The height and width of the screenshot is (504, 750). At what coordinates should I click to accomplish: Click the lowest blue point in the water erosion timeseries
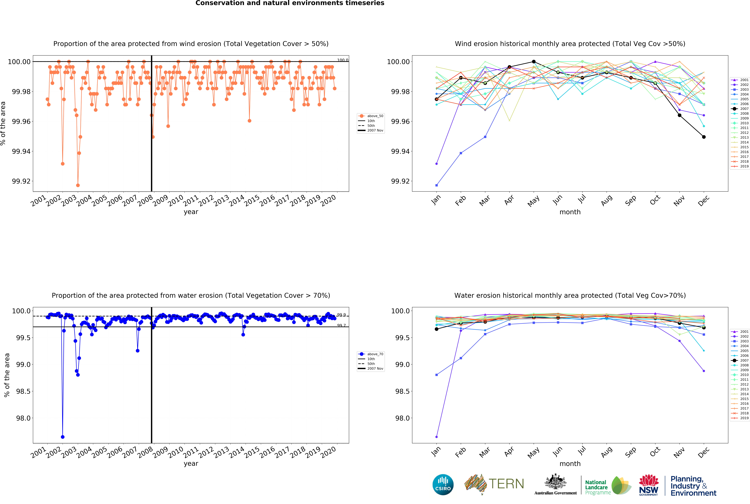tap(63, 437)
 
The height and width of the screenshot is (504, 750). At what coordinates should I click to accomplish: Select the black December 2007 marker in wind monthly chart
tap(704, 137)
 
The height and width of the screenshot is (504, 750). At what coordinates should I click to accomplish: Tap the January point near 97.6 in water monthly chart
tap(436, 437)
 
